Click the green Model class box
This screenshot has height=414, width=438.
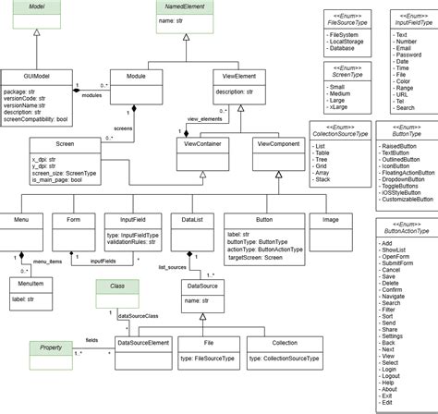[37, 17]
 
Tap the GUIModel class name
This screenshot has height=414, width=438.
[37, 78]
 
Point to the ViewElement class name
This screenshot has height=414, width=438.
[240, 78]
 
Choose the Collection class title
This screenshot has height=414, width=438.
[283, 341]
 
